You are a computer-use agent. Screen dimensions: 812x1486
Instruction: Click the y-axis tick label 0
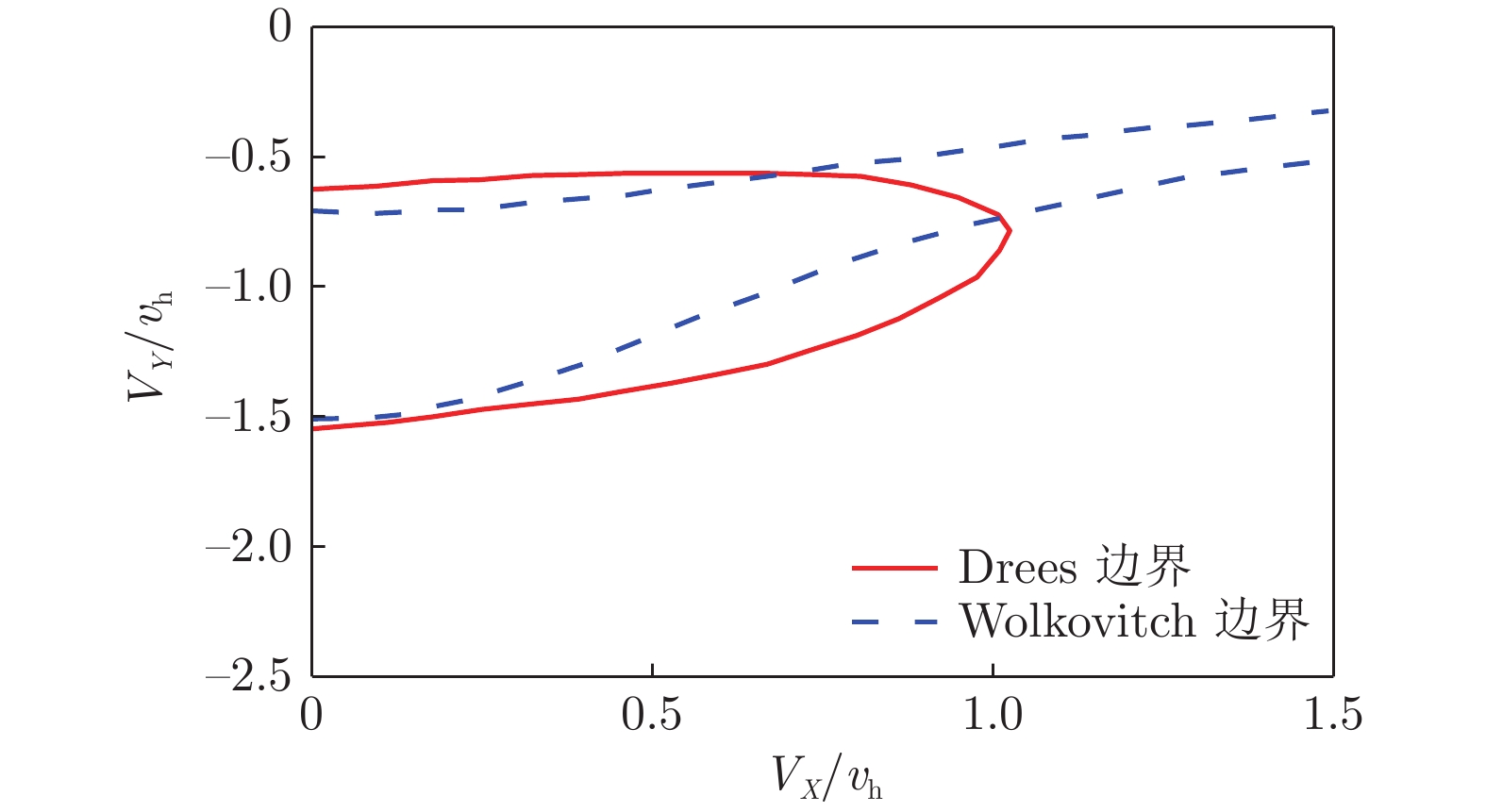[x=280, y=27]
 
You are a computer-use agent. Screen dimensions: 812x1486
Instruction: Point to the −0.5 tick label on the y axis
[x=248, y=157]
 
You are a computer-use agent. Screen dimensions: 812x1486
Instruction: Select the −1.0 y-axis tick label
[x=248, y=288]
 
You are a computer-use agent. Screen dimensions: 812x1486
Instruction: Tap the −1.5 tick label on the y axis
[x=248, y=418]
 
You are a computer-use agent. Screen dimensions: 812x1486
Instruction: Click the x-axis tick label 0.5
[x=652, y=716]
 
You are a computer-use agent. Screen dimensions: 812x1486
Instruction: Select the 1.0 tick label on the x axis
[x=993, y=716]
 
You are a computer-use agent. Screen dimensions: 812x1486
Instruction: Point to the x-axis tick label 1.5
[x=1332, y=716]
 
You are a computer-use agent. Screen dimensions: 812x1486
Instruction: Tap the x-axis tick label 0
[x=311, y=716]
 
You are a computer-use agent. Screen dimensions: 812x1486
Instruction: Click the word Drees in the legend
[x=1017, y=568]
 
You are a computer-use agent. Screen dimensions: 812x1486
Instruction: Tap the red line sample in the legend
[x=894, y=568]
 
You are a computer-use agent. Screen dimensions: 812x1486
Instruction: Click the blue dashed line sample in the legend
[x=894, y=622]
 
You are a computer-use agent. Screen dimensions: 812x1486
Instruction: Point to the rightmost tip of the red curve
[x=1010, y=230]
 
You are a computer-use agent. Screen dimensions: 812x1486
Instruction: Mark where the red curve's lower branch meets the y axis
[x=312, y=429]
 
